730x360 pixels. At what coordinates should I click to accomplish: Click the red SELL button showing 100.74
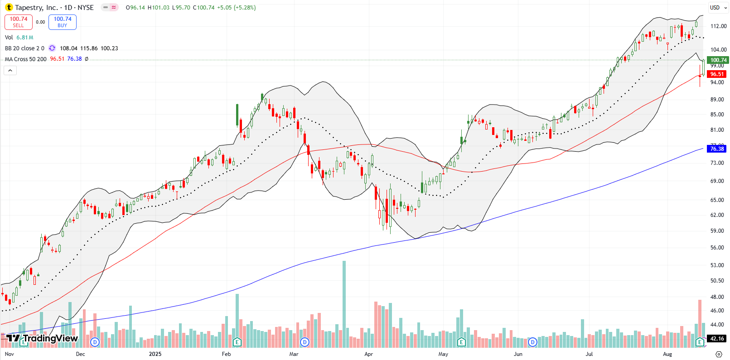[19, 22]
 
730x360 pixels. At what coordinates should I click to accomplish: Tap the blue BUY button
[63, 22]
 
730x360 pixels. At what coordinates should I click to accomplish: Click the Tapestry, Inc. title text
[36, 8]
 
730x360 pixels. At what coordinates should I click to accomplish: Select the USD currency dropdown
[718, 8]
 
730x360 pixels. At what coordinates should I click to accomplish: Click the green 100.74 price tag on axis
[718, 60]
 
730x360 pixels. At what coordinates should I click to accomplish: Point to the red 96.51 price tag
[717, 74]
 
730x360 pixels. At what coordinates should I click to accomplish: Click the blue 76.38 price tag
[717, 149]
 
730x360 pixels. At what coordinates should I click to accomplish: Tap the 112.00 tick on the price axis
[719, 26]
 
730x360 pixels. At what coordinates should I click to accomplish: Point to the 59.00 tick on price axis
[717, 231]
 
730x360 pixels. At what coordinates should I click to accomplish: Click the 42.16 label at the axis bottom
[717, 339]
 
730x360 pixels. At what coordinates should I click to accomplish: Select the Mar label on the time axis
[294, 354]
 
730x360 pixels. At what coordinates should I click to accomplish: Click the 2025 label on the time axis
[155, 354]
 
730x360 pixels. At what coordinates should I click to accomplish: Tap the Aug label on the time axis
[667, 354]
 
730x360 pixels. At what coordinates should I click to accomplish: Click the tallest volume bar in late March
[344, 303]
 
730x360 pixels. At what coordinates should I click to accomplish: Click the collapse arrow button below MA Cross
[10, 70]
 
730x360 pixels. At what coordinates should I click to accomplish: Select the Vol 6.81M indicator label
[19, 38]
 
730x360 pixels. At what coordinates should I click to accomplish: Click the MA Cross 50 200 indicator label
[26, 59]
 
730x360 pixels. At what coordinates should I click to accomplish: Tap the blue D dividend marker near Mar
[305, 342]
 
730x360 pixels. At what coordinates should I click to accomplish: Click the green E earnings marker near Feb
[237, 342]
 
